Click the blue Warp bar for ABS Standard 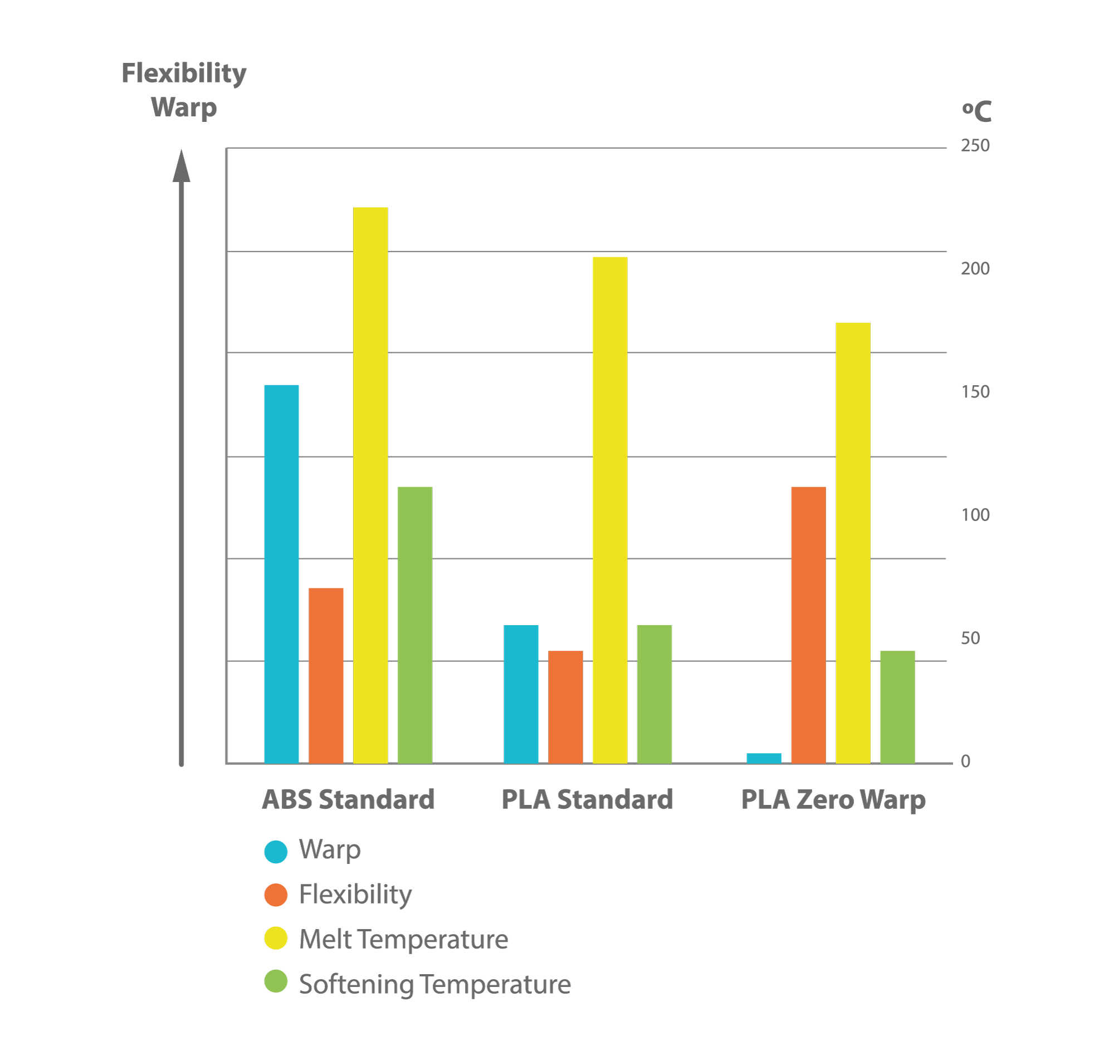click(x=281, y=574)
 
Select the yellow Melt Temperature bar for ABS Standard click(x=370, y=485)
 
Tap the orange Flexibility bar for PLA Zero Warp click(x=808, y=625)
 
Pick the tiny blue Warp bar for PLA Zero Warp click(x=764, y=758)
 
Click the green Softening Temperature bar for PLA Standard click(x=654, y=694)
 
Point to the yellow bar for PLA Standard click(x=610, y=510)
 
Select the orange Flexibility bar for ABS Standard click(x=326, y=676)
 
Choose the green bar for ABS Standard click(x=416, y=625)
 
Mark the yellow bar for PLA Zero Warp click(x=853, y=543)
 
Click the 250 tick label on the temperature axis click(x=975, y=145)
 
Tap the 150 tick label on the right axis click(x=975, y=392)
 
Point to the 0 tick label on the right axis click(x=966, y=762)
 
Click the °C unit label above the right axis click(x=976, y=111)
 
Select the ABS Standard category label click(x=348, y=800)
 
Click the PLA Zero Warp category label click(x=833, y=800)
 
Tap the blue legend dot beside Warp click(x=276, y=852)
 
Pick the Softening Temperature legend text click(x=435, y=985)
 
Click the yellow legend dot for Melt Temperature click(x=276, y=939)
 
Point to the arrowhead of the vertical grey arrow click(x=182, y=166)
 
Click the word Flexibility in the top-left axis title click(x=184, y=73)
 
